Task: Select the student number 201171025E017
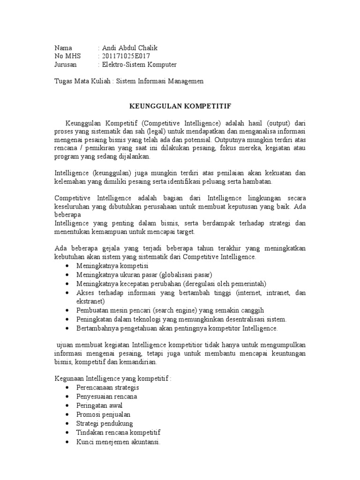130,56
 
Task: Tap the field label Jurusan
65,65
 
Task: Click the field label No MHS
68,56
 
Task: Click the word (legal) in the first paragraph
152,131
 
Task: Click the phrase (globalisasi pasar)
186,275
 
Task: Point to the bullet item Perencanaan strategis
107,388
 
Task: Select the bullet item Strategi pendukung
105,423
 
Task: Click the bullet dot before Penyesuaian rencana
68,397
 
